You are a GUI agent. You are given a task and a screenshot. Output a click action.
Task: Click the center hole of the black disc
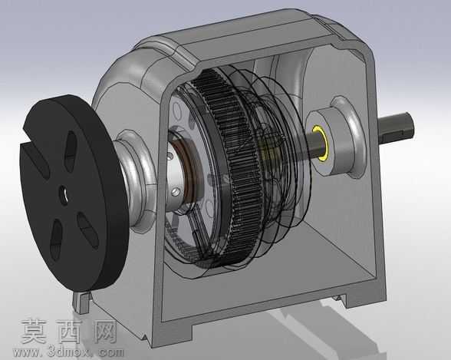[64, 196]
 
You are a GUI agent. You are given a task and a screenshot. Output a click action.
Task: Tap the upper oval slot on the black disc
[70, 151]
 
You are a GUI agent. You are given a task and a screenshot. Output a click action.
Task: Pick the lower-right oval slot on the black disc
[88, 230]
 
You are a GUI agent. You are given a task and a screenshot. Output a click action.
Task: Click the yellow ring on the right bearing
[321, 141]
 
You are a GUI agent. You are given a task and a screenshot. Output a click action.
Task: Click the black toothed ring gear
[230, 167]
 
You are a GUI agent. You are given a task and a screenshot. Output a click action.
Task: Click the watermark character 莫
[34, 332]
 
